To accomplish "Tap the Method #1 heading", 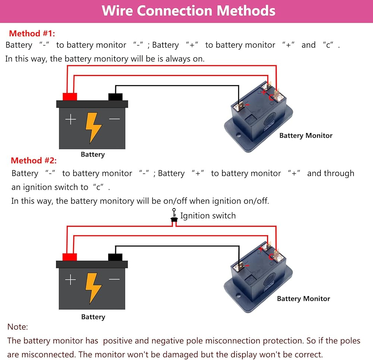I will (32, 33).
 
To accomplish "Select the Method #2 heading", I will (34, 161).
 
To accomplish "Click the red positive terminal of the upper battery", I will (70, 97).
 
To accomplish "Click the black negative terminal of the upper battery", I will (115, 97).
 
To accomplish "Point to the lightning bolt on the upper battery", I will (93, 127).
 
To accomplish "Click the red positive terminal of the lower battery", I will (70, 257).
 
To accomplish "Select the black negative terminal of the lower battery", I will (115, 257).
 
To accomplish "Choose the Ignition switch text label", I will (208, 215).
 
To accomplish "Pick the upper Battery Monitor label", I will (306, 136).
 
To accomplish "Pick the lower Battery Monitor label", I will (304, 298).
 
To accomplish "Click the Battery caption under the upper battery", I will (93, 154).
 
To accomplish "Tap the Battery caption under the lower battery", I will (93, 317).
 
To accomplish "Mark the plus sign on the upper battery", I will (70, 120).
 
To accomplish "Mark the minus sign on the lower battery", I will (115, 279).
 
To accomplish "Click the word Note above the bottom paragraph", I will (18, 327).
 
